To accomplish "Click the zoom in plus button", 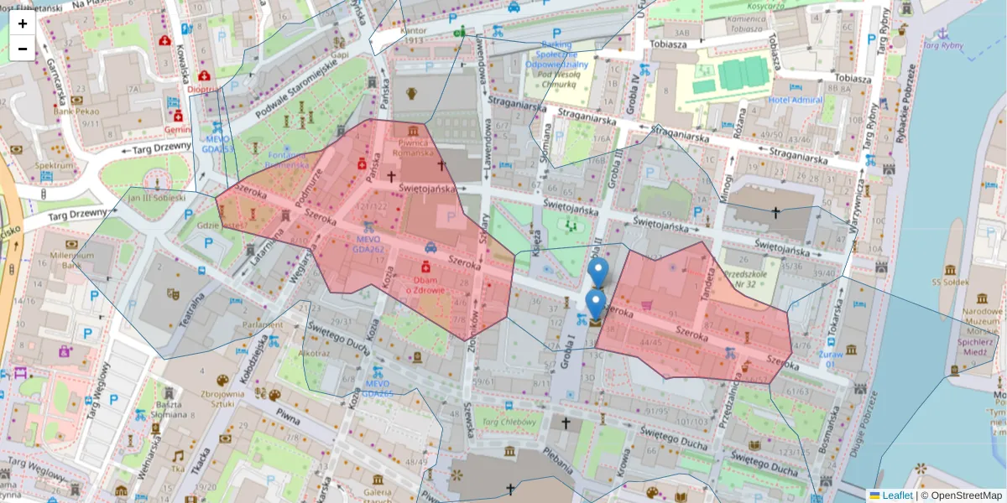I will point(23,23).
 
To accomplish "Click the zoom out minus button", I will point(23,49).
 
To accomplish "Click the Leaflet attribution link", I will point(896,495).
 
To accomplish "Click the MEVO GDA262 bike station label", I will point(368,244).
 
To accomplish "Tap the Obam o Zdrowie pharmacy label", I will point(427,284).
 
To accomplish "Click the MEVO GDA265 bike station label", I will point(378,388).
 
